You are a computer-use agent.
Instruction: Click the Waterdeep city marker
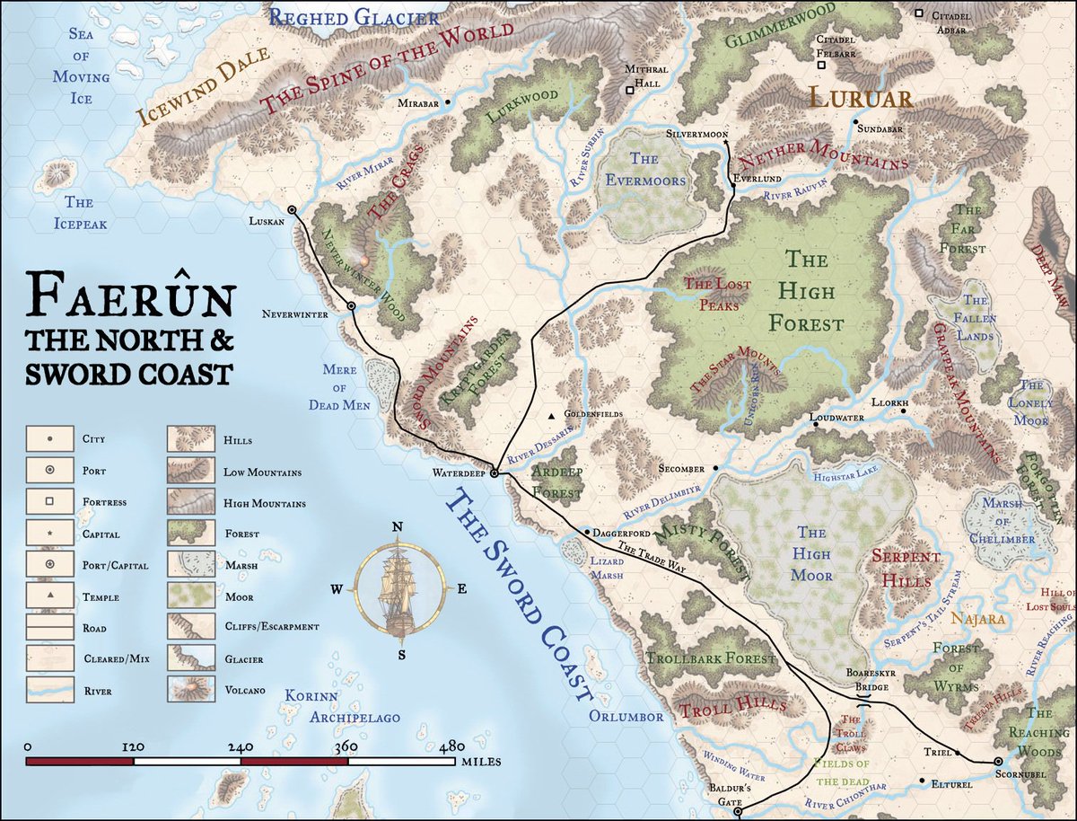pos(494,473)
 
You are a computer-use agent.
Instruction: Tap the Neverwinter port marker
pos(351,306)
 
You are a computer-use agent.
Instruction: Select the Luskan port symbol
pos(292,210)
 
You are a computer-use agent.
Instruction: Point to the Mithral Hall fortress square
pos(629,90)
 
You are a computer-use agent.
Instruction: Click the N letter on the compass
pos(398,526)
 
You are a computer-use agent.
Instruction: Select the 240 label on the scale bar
pos(241,747)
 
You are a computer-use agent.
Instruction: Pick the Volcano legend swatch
pos(190,691)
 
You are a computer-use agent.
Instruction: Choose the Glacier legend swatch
pos(190,659)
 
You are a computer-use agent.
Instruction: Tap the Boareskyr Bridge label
pos(868,679)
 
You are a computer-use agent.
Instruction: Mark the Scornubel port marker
pos(998,762)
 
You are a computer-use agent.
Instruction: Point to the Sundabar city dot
pos(856,121)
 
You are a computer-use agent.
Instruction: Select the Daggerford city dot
pos(587,533)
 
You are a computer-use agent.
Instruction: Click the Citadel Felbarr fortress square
pos(821,65)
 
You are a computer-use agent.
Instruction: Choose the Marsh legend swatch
pos(190,565)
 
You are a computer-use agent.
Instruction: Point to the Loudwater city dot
pos(816,424)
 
